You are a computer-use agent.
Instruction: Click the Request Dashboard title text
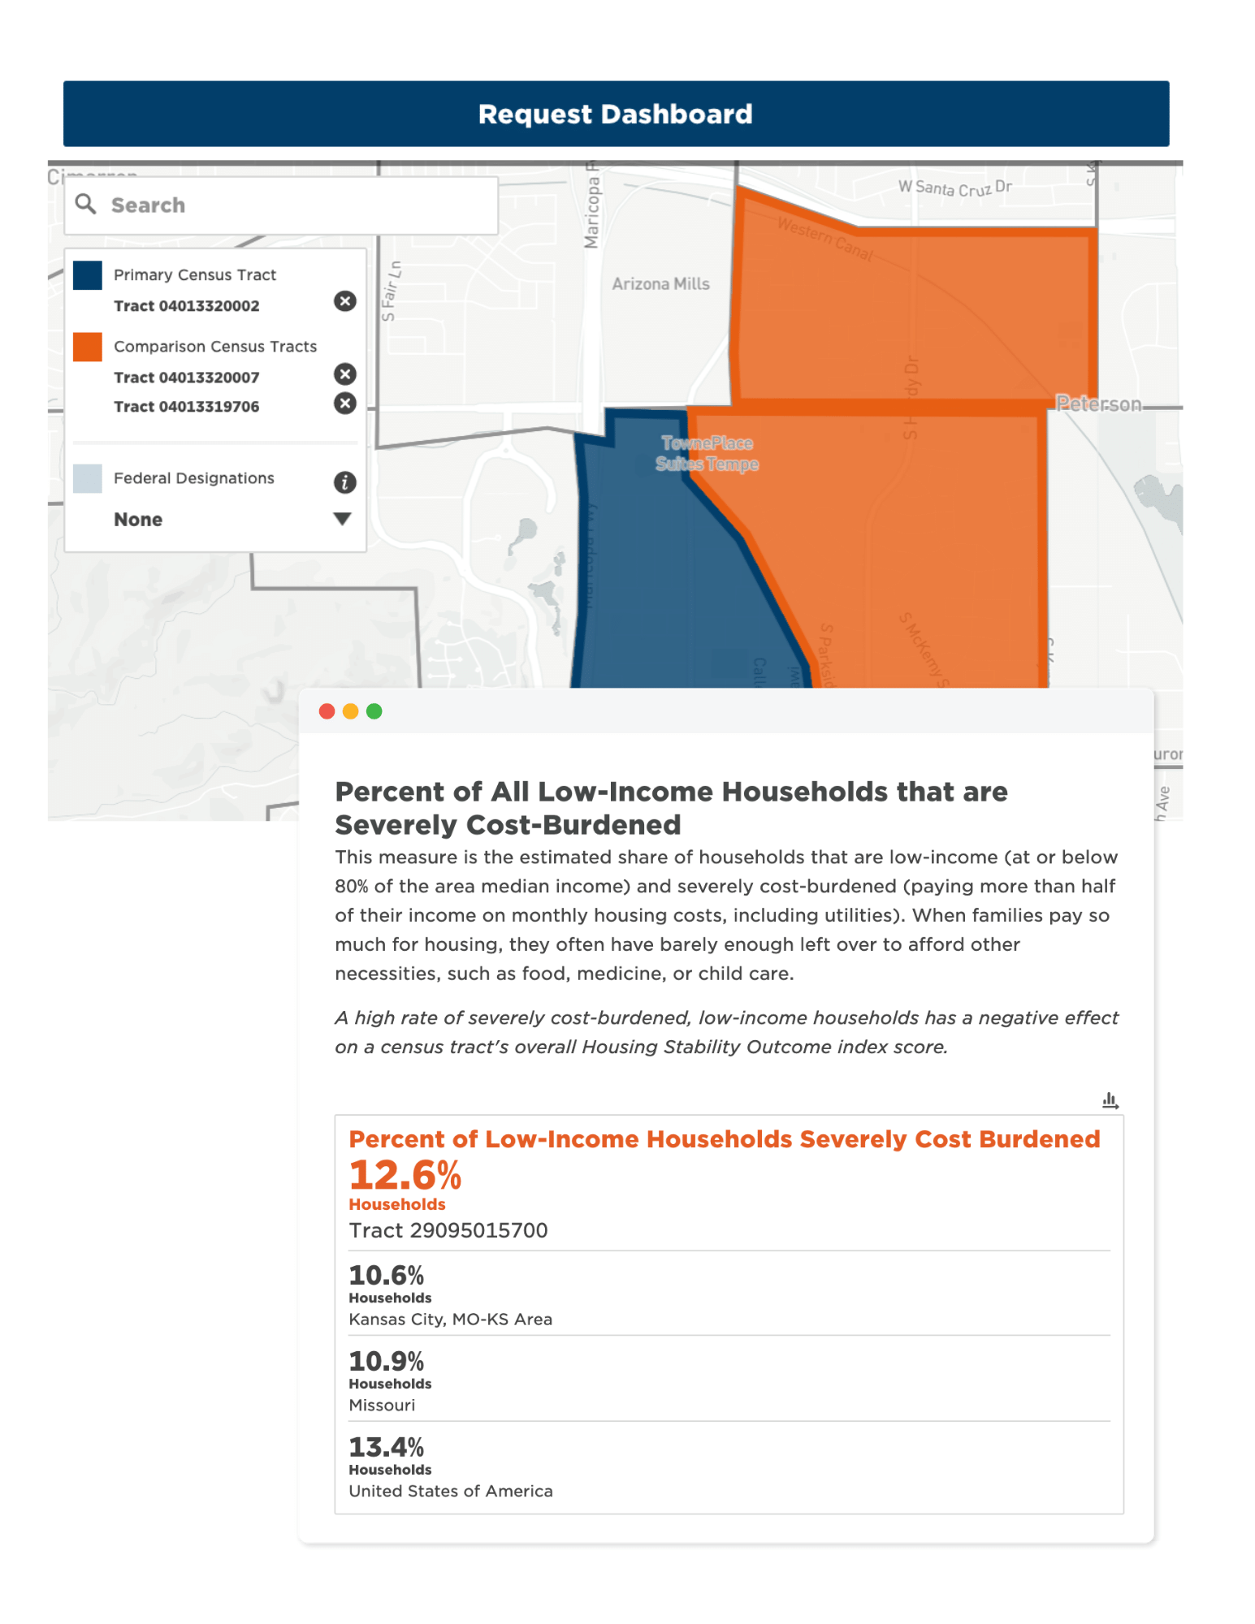pos(615,114)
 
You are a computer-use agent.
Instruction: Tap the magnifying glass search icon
pos(85,204)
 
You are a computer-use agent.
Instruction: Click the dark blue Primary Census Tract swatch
pos(88,275)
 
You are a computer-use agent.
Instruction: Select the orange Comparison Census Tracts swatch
pos(88,347)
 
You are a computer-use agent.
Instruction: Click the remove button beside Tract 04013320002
pos(345,301)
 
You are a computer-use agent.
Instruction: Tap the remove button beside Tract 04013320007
pos(345,374)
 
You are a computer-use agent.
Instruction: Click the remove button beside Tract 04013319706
pos(345,404)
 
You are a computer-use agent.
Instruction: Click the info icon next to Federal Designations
pos(345,482)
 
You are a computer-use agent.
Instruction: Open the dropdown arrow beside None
pos(343,519)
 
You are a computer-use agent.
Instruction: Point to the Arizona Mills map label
pos(660,284)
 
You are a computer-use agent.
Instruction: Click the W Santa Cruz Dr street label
pos(954,188)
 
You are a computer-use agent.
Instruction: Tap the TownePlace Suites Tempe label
pos(708,453)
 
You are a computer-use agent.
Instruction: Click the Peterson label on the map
pos(1098,404)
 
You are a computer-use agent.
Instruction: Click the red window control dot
pos(327,711)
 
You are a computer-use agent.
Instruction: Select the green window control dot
pos(374,711)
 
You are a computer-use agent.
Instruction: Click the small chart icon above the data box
pos(1110,1101)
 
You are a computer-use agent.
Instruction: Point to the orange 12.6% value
pos(405,1175)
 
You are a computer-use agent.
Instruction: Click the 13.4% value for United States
pos(387,1447)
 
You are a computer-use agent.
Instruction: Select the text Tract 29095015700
pos(448,1230)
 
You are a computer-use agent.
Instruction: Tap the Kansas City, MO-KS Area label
pos(451,1319)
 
